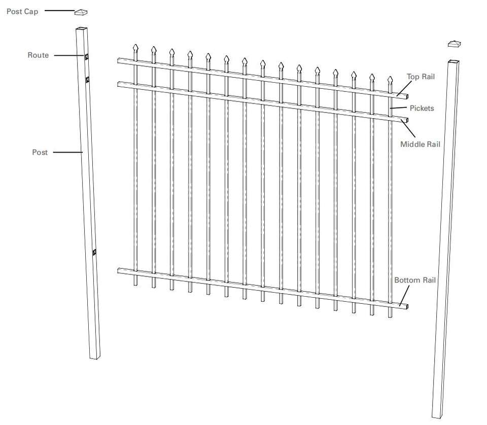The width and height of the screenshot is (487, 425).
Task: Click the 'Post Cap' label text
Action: (22, 11)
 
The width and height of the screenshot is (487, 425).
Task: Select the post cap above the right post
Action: (455, 44)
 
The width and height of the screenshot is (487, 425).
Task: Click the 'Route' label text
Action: (38, 55)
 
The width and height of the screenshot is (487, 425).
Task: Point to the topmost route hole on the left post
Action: (87, 56)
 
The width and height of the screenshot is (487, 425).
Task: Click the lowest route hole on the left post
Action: (94, 252)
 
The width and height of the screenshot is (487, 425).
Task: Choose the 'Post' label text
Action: (40, 152)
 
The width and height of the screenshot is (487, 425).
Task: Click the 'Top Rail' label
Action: (421, 77)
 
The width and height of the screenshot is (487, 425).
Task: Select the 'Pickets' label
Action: (421, 108)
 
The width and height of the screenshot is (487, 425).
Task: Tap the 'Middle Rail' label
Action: (420, 144)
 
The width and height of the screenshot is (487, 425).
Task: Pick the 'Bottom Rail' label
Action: (415, 280)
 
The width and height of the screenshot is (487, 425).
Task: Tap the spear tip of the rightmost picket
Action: (390, 80)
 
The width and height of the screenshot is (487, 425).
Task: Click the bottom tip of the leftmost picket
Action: (135, 285)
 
